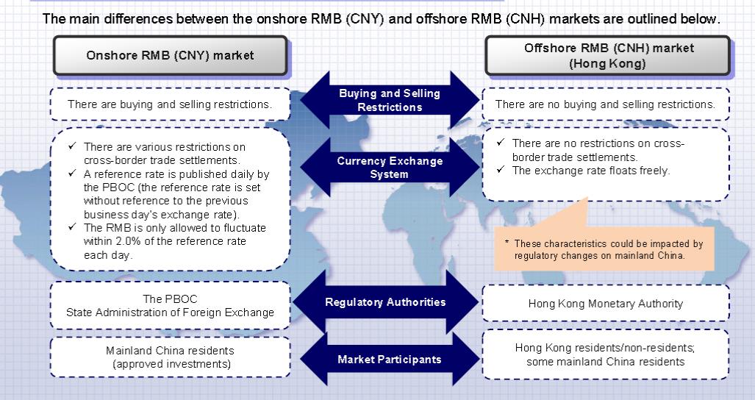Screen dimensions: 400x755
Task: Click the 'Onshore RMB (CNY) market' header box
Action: click(x=170, y=55)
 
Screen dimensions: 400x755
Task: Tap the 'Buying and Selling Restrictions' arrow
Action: click(x=389, y=101)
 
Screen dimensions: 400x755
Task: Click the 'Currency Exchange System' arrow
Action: click(x=389, y=167)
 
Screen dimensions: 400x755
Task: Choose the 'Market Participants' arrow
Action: click(x=389, y=360)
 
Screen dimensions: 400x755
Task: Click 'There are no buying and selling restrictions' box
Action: click(x=605, y=104)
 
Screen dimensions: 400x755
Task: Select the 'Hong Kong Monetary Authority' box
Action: click(x=605, y=303)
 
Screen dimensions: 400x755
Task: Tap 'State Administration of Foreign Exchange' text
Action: click(x=170, y=312)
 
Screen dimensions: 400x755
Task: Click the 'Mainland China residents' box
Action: click(x=170, y=357)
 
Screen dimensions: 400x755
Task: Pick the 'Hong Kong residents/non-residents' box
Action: click(x=605, y=354)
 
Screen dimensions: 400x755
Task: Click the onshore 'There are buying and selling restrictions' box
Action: click(x=170, y=104)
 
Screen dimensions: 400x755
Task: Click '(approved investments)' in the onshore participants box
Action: click(x=170, y=363)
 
